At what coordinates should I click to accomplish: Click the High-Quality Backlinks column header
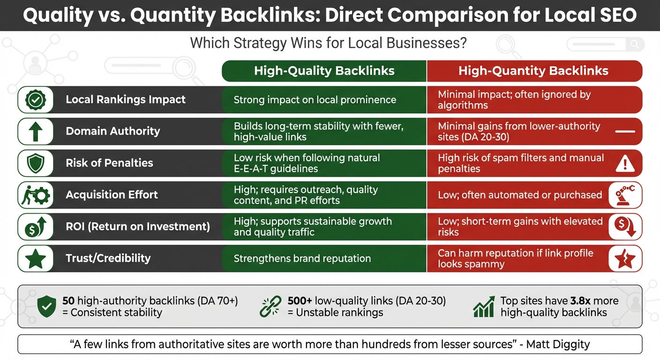coord(324,71)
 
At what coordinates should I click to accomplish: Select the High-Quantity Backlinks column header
coord(533,71)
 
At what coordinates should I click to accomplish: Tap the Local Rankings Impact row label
coord(126,99)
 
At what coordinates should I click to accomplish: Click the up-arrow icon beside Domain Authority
coord(35,131)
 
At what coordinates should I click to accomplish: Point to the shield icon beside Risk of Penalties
coord(35,163)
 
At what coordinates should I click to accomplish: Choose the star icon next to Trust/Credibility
coord(35,258)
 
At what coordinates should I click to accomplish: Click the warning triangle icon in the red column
coord(624,163)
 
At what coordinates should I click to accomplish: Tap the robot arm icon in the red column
coord(624,195)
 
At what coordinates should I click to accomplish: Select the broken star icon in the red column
coord(624,258)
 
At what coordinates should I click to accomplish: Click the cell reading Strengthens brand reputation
coord(302,258)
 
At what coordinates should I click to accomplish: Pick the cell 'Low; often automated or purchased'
coord(520,195)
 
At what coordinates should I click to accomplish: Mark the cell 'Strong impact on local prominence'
coord(315,99)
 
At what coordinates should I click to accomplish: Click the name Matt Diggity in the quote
coord(558,345)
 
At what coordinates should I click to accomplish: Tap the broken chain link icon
coord(270,307)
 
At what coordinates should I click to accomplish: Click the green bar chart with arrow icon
coord(484,307)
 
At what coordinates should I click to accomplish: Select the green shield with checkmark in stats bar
coord(47,307)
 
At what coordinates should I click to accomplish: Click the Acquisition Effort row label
coord(112,195)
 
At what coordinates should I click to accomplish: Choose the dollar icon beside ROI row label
coord(35,227)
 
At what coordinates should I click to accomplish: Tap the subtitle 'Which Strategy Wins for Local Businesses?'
coord(328,44)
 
